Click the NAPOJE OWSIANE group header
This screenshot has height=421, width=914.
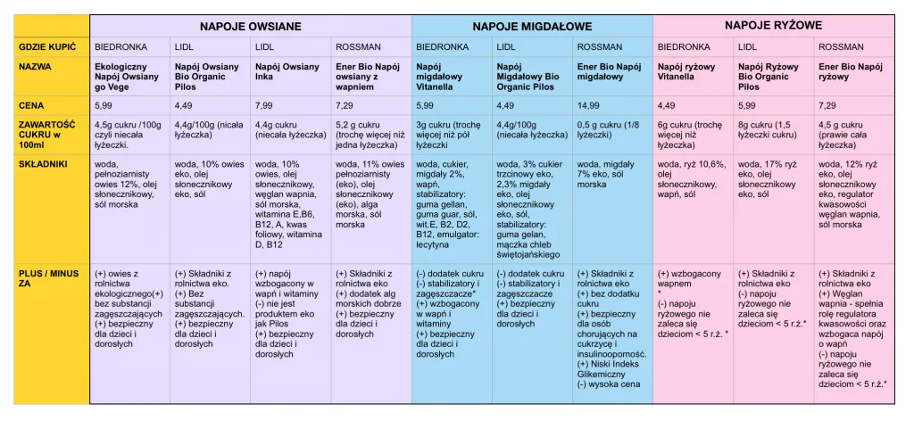[x=250, y=26]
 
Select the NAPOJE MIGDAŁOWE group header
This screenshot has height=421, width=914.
[x=532, y=26]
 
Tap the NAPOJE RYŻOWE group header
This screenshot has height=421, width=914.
[x=773, y=25]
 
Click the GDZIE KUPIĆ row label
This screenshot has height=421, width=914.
[x=47, y=46]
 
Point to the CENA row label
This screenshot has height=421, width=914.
[x=32, y=105]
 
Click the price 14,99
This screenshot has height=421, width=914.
[x=590, y=105]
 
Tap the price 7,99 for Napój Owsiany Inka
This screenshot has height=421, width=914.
[x=265, y=105]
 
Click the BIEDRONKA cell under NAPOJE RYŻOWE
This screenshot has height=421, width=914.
[x=684, y=46]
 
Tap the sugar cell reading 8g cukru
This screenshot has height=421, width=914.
[x=768, y=129]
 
